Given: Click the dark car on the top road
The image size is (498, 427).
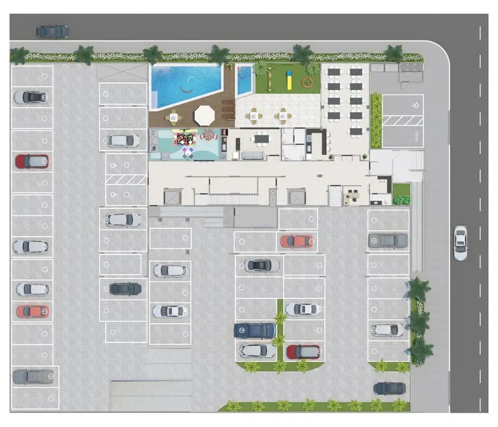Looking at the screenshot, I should (x=52, y=31).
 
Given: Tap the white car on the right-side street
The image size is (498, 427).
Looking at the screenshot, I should (x=461, y=242).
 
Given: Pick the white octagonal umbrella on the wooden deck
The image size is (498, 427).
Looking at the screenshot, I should (x=204, y=114).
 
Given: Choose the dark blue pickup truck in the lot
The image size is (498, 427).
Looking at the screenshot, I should (x=255, y=330).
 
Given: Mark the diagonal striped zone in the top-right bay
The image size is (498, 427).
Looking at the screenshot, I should (x=396, y=120).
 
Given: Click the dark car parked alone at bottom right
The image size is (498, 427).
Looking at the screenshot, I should (x=389, y=388).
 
